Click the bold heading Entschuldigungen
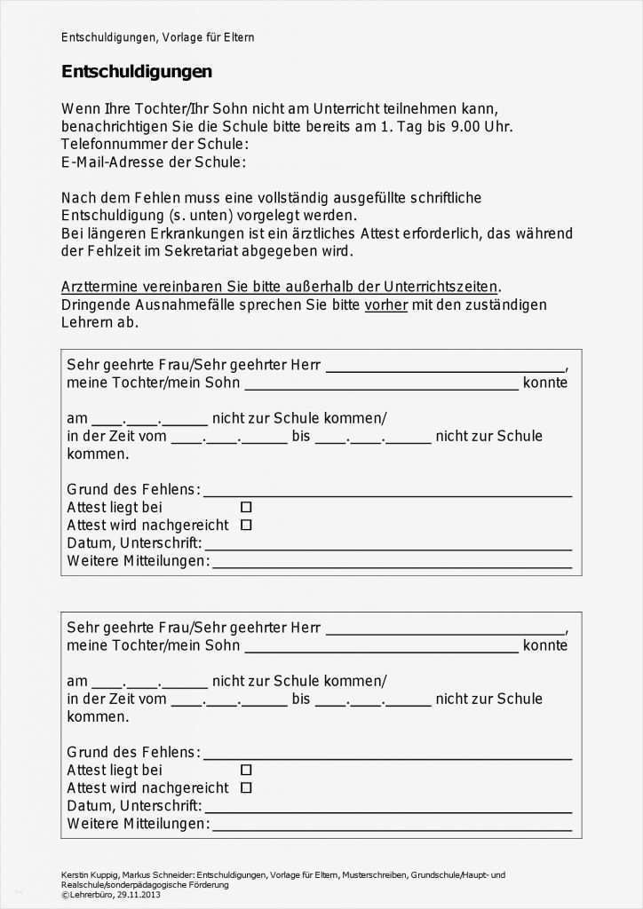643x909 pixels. pyautogui.click(x=136, y=72)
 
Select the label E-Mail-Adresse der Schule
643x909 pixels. pyautogui.click(x=153, y=162)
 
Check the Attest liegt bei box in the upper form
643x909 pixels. pyautogui.click(x=246, y=507)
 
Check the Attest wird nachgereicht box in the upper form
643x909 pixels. pyautogui.click(x=246, y=525)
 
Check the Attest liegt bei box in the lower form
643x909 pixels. pyautogui.click(x=246, y=770)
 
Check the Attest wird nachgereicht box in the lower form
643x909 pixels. pyautogui.click(x=246, y=787)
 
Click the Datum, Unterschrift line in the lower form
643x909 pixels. pyautogui.click(x=387, y=810)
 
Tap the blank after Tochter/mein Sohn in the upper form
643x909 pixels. pyautogui.click(x=381, y=387)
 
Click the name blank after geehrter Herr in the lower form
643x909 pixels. pyautogui.click(x=445, y=632)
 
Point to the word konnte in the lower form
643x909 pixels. pyautogui.click(x=544, y=645)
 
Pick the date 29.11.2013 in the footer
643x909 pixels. pyautogui.click(x=136, y=894)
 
